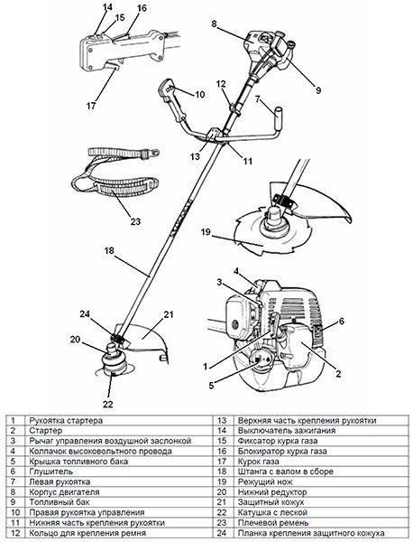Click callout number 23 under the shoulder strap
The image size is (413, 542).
coord(135,221)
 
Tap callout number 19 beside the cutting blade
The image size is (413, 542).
coord(206,231)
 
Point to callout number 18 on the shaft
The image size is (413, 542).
coord(109,250)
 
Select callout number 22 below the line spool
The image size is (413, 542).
coord(108,404)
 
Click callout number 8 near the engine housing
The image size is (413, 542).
coord(215,23)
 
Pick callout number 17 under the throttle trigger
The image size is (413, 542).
coord(91,106)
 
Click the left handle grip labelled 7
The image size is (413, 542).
coord(279,117)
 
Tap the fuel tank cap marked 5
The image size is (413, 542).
coord(258,359)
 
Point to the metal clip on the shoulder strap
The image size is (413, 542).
coord(152,152)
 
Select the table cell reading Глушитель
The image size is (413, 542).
coord(51,472)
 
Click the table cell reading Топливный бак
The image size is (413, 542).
coord(55,502)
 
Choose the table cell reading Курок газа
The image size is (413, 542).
coord(259,461)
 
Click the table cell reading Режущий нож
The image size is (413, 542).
coord(265,481)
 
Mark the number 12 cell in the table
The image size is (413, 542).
coord(15,533)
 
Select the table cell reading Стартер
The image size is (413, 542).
coord(46,431)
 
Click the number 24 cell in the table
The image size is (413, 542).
coord(222,533)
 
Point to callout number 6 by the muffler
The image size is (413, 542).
coord(341,321)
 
